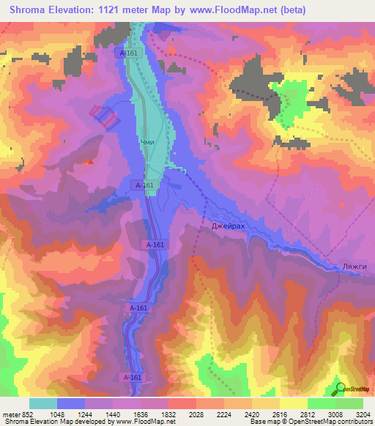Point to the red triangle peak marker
(x=90, y=162)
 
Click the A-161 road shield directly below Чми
(x=144, y=186)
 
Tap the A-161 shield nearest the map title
(x=127, y=53)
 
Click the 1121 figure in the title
(x=106, y=10)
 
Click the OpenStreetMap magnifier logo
(x=340, y=388)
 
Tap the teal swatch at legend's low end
(x=42, y=403)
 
